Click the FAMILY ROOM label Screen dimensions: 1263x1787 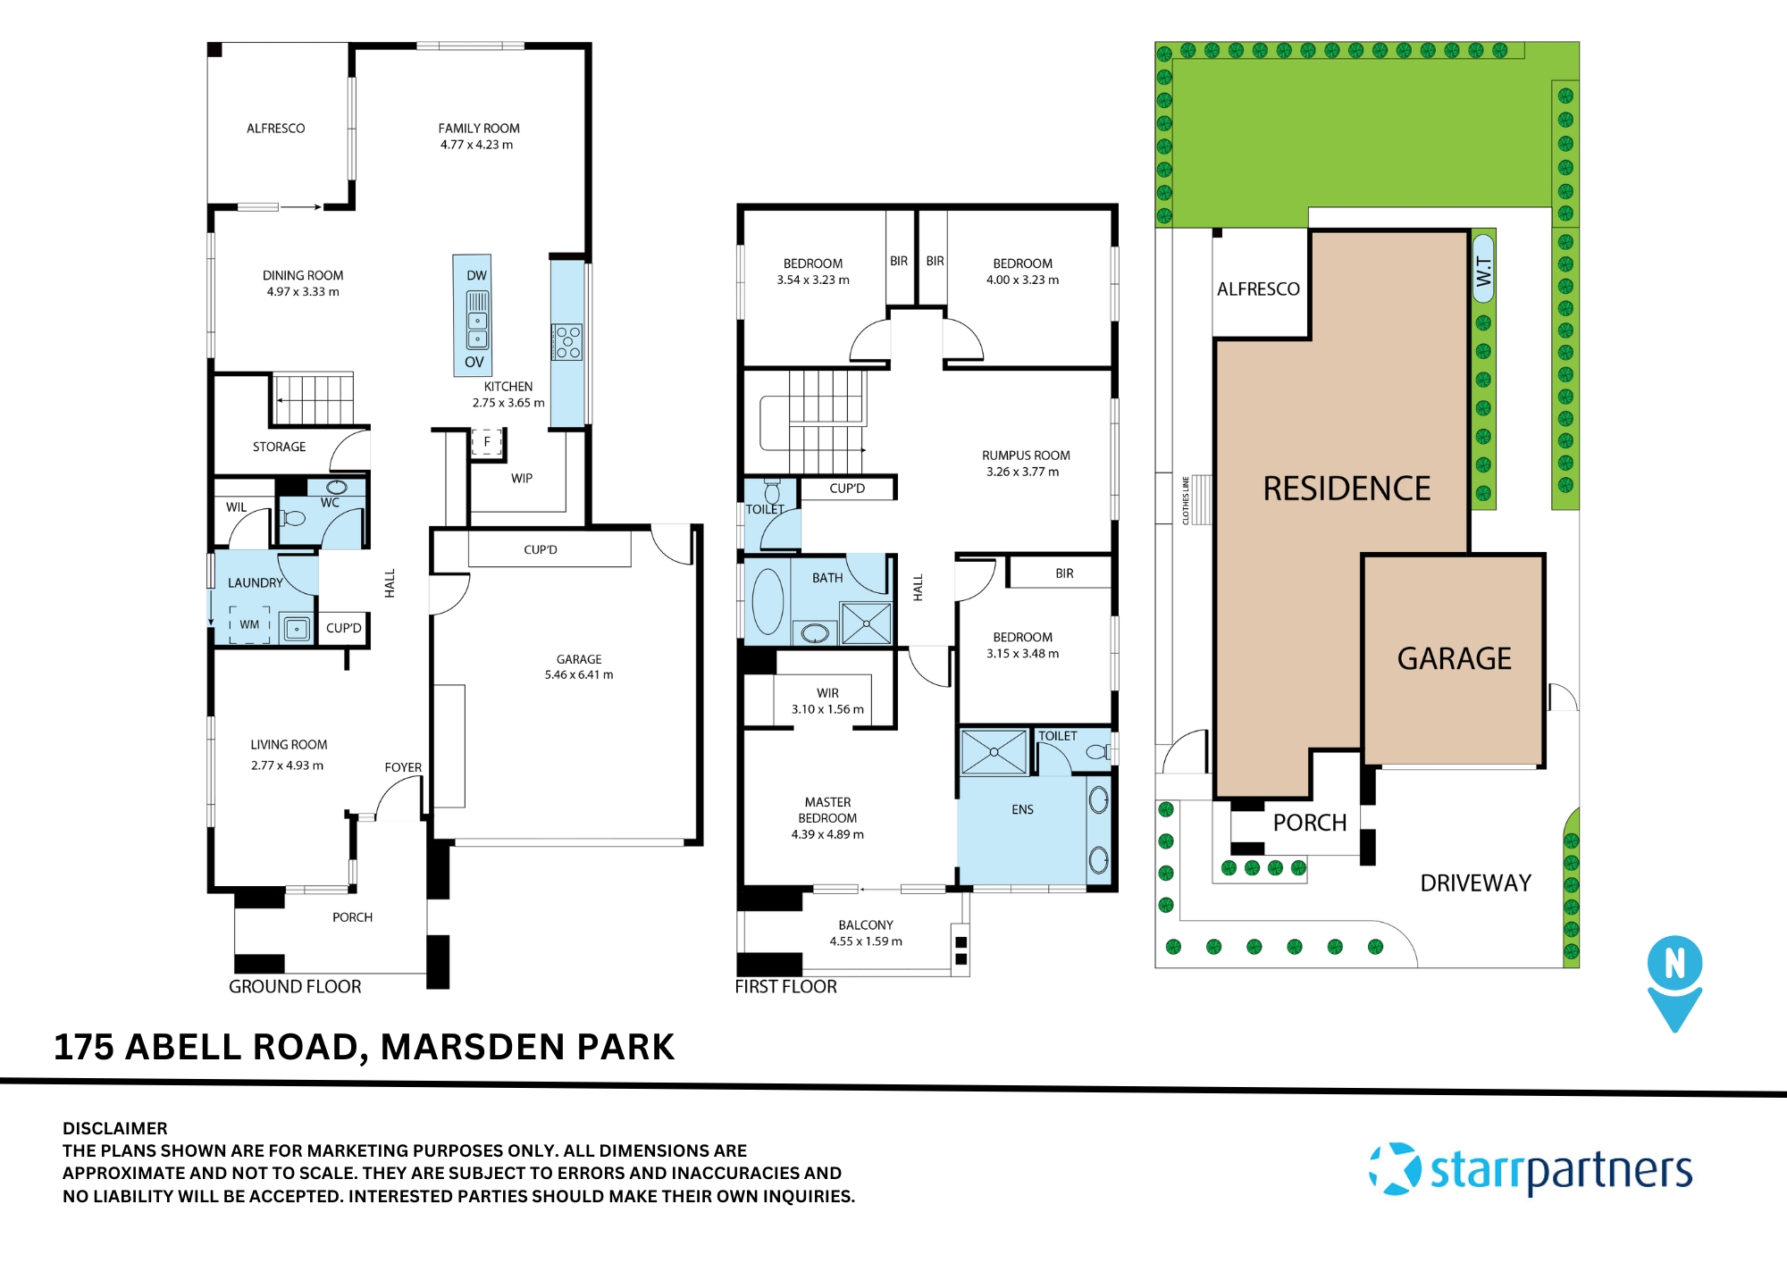coord(478,129)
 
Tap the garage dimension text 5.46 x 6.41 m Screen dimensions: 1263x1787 coord(579,675)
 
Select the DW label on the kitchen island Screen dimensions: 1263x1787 coord(476,276)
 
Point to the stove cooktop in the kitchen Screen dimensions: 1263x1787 coord(568,342)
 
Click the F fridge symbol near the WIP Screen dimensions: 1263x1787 coord(487,441)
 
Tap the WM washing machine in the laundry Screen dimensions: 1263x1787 coord(250,624)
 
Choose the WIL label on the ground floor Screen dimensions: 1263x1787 coord(236,507)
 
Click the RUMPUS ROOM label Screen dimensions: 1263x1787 coord(1026,456)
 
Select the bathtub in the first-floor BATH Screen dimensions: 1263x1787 coord(768,600)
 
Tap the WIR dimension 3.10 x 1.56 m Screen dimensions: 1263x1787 coord(827,709)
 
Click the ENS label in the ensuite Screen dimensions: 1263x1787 coord(1022,809)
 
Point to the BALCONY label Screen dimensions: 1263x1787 coord(865,925)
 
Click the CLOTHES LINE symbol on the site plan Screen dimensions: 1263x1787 coord(1201,500)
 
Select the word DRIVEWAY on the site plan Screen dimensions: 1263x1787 coord(1475,883)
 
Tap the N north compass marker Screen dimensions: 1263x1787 coord(1674,965)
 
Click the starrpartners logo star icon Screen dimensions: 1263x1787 coord(1395,1168)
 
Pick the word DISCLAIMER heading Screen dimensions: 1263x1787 coord(115,1128)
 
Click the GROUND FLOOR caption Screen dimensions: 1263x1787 coord(295,987)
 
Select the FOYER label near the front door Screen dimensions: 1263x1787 coord(403,767)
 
